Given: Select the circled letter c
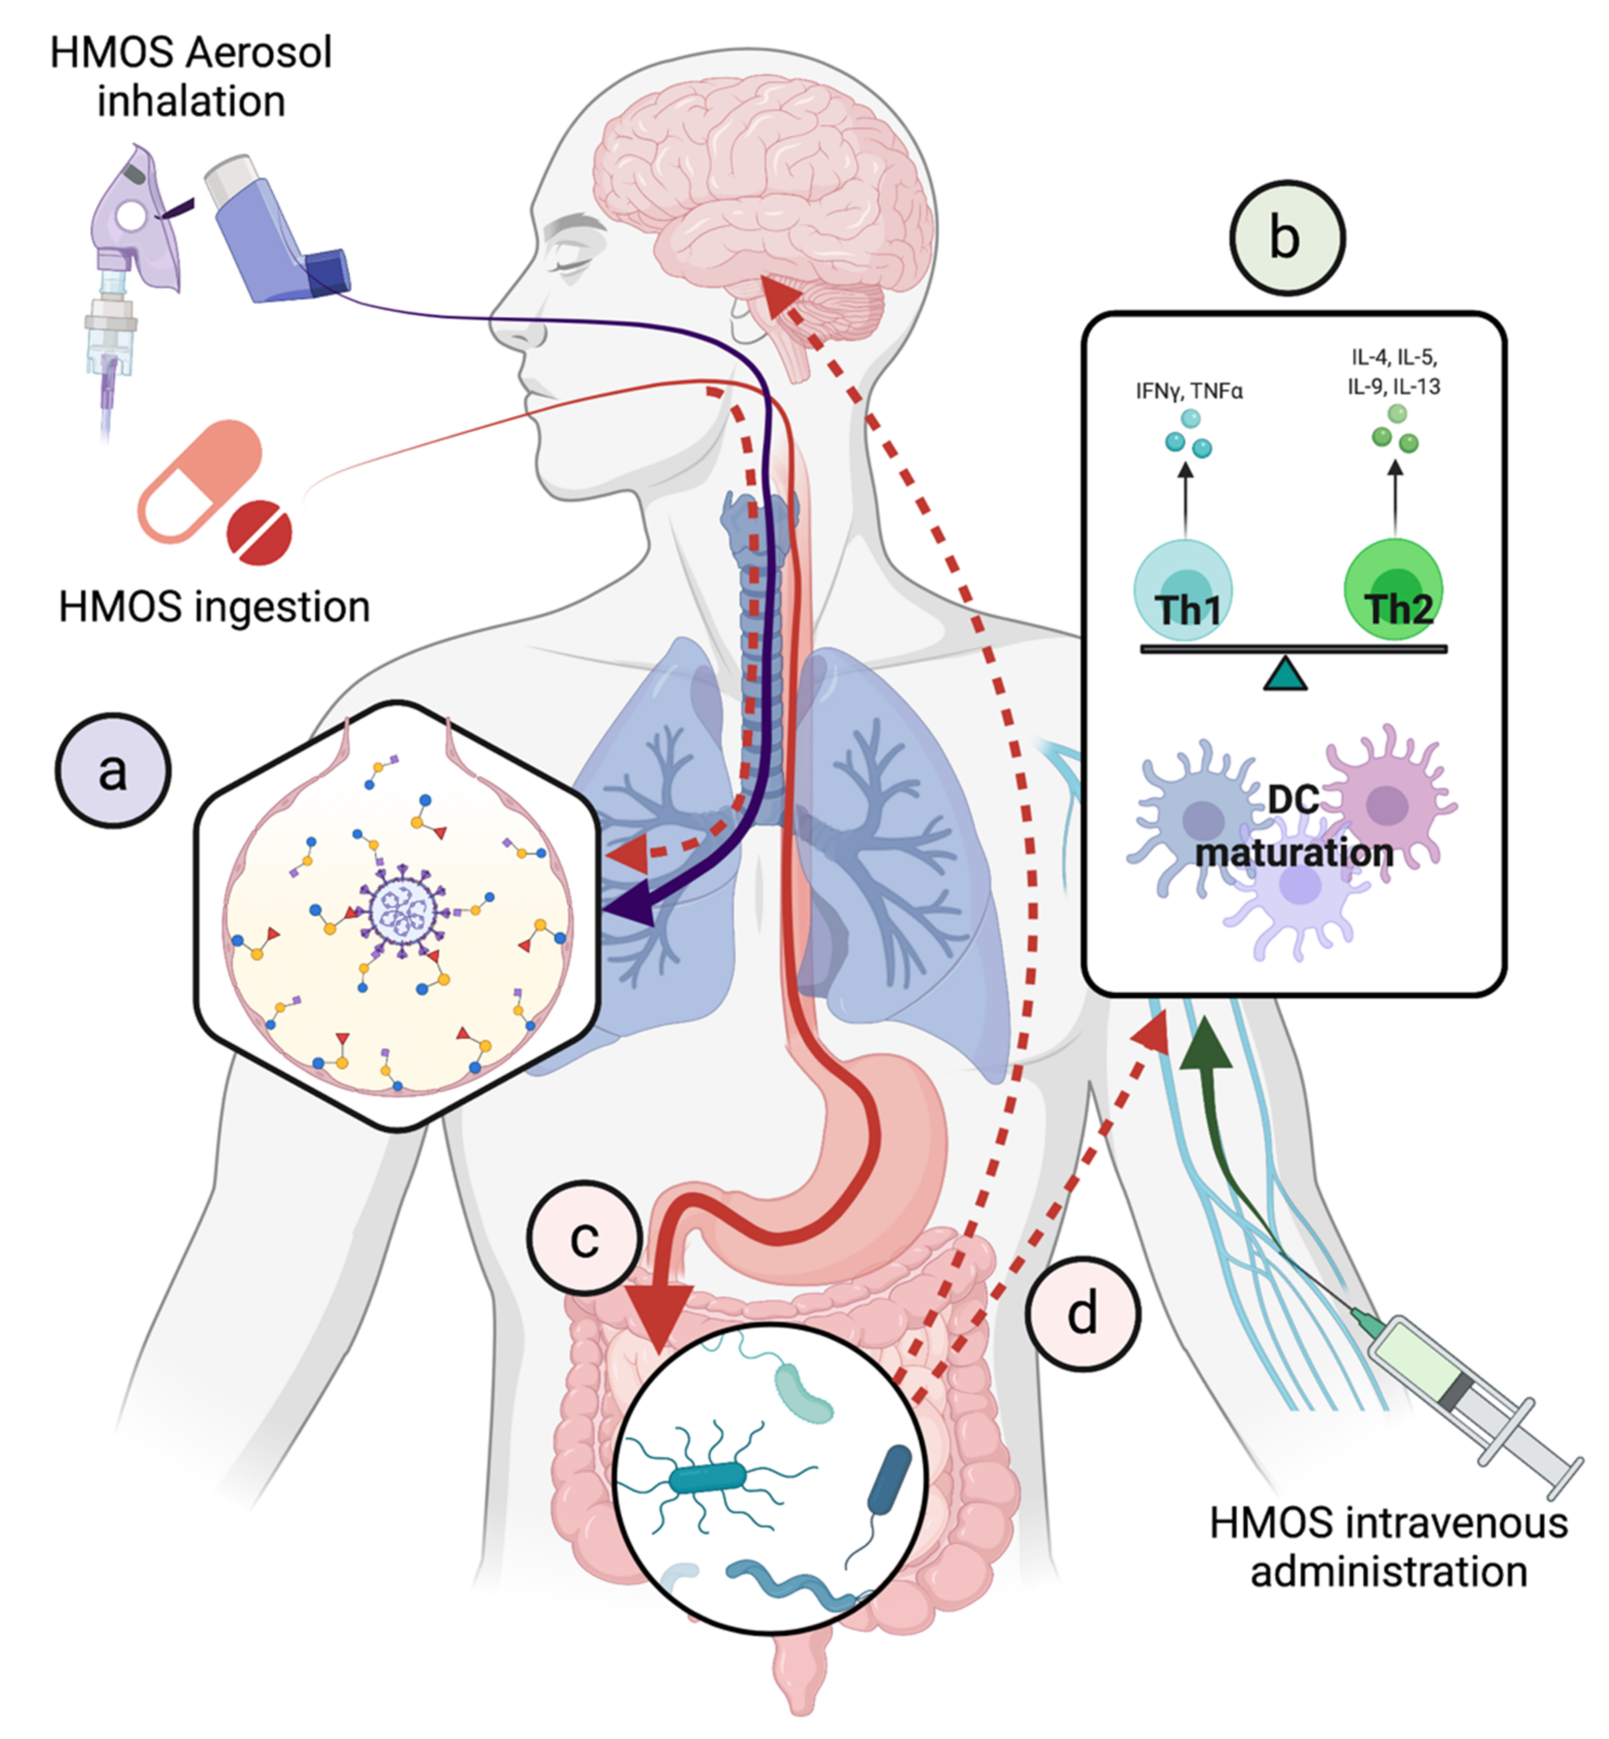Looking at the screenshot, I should [x=584, y=1238].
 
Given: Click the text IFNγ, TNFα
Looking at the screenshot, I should [x=1189, y=391].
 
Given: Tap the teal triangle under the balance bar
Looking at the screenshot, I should [x=1285, y=675].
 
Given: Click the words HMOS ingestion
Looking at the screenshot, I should [x=214, y=607].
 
